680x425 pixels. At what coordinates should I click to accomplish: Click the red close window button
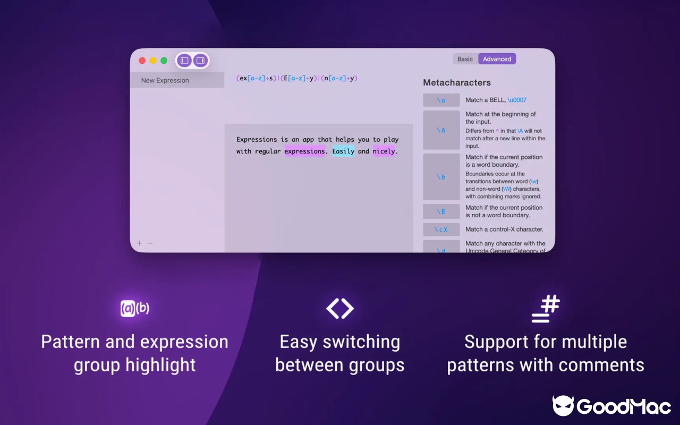(142, 61)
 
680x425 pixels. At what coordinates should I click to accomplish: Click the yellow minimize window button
(153, 61)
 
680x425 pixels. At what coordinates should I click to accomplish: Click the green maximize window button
(164, 61)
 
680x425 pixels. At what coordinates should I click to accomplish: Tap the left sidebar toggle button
(184, 61)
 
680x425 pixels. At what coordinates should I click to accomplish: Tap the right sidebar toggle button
(200, 61)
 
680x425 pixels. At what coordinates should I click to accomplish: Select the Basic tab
(465, 59)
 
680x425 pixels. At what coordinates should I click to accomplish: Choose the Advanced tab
(497, 59)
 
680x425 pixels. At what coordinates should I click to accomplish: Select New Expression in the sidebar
(165, 80)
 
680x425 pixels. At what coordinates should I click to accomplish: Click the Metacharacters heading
(456, 82)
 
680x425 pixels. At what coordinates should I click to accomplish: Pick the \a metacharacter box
(441, 100)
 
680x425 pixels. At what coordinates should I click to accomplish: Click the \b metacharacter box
(441, 177)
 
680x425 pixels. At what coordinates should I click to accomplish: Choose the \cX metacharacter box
(441, 229)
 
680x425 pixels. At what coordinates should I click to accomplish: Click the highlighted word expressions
(304, 151)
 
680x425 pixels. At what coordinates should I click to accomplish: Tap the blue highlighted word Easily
(343, 151)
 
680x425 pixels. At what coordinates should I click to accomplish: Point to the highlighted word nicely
(384, 151)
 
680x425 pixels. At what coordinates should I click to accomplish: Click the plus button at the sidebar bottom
(140, 243)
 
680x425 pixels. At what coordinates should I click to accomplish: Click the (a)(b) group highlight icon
(134, 308)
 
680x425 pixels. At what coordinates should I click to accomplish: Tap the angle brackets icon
(340, 308)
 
